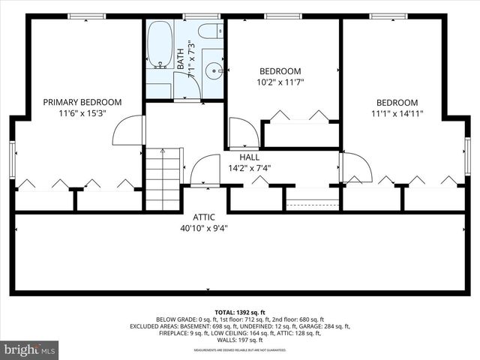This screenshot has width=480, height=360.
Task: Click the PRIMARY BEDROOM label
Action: [x=82, y=102]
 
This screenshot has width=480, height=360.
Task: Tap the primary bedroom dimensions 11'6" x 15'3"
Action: [x=82, y=113]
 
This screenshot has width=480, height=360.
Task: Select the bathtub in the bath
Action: [x=159, y=45]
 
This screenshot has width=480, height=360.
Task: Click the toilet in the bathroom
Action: [x=211, y=31]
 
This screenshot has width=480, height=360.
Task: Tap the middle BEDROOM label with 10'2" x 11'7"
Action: [x=280, y=71]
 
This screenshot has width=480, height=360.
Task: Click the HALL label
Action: [x=250, y=157]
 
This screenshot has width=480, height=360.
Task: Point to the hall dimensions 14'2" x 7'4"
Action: [x=250, y=168]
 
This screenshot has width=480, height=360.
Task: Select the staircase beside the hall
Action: [x=163, y=179]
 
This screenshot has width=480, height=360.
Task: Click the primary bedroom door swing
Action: [x=128, y=130]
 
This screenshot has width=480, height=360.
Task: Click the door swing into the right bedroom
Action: [x=355, y=167]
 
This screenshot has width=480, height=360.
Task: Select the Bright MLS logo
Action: [x=30, y=349]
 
